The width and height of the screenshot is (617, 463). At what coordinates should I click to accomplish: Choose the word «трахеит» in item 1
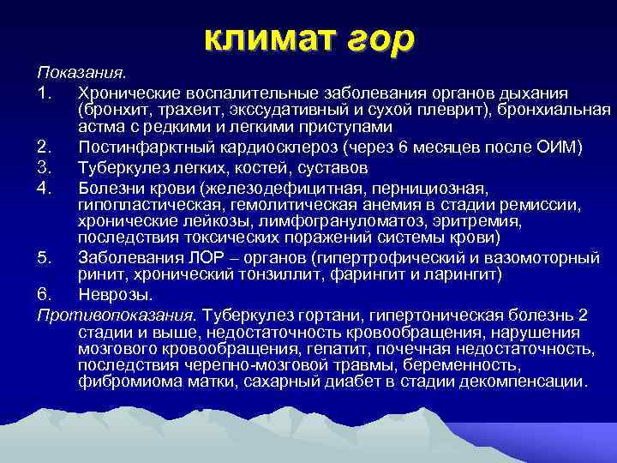click(x=182, y=110)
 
